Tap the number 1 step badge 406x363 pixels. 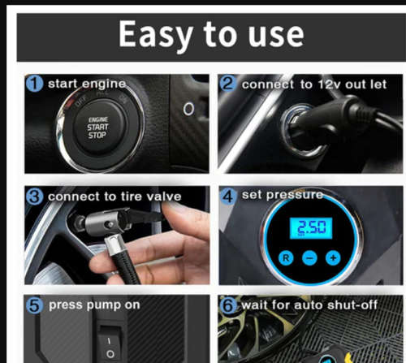pos(35,84)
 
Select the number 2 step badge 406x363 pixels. pos(228,84)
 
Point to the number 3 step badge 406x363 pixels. pos(35,196)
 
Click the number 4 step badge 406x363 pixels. pos(229,196)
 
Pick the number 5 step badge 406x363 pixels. pos(35,306)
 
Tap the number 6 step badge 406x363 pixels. pos(229,306)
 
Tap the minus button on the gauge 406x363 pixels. pos(309,257)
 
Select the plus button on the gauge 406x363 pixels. pos(332,257)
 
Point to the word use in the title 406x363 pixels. pos(275,34)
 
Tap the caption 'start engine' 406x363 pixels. pos(87,84)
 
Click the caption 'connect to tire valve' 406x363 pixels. pos(114,196)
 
